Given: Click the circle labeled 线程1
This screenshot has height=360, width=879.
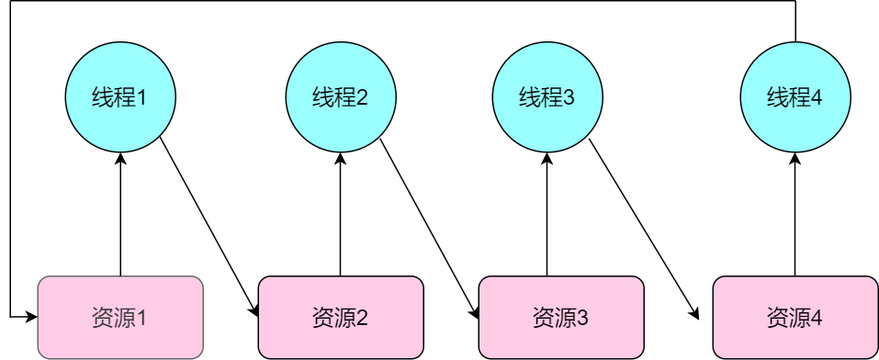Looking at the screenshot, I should pyautogui.click(x=120, y=96).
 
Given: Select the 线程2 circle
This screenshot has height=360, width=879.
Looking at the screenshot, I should pyautogui.click(x=341, y=96).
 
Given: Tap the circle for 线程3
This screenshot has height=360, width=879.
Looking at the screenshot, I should pyautogui.click(x=547, y=96).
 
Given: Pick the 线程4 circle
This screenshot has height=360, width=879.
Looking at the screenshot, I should pyautogui.click(x=795, y=96).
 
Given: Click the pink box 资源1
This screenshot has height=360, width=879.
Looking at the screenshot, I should pyautogui.click(x=120, y=317).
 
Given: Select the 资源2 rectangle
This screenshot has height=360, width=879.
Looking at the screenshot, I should pyautogui.click(x=341, y=317).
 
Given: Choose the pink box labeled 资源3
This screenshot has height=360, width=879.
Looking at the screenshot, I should pyautogui.click(x=560, y=317).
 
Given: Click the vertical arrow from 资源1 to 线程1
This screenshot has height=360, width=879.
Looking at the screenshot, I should pyautogui.click(x=120, y=216).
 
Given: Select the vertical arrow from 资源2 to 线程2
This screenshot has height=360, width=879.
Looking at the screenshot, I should pyautogui.click(x=341, y=216).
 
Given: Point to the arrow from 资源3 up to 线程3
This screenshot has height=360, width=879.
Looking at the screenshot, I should pyautogui.click(x=547, y=216).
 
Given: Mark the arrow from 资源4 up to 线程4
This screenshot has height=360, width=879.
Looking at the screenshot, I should pyautogui.click(x=795, y=216).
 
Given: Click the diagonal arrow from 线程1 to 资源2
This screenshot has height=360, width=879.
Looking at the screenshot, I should pyautogui.click(x=208, y=227).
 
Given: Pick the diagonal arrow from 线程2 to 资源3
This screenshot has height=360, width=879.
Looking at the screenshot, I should pyautogui.click(x=429, y=227).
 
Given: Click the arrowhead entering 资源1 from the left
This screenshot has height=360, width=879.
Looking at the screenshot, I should pyautogui.click(x=32, y=317).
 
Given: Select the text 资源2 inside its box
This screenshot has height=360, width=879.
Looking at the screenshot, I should pyautogui.click(x=341, y=318).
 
